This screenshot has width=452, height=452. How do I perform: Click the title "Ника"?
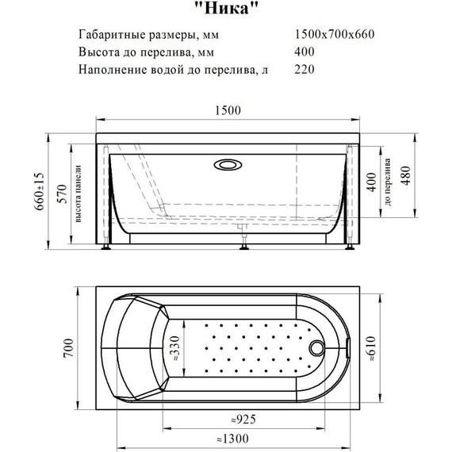tap(226, 10)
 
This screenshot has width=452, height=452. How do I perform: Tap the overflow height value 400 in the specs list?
tap(304, 52)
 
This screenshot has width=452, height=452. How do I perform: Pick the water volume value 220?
tap(304, 69)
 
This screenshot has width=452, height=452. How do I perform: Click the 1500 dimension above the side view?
tap(227, 112)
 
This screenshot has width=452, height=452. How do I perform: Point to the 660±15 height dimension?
tap(52, 191)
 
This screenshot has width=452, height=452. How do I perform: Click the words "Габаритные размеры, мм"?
tap(147, 35)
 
